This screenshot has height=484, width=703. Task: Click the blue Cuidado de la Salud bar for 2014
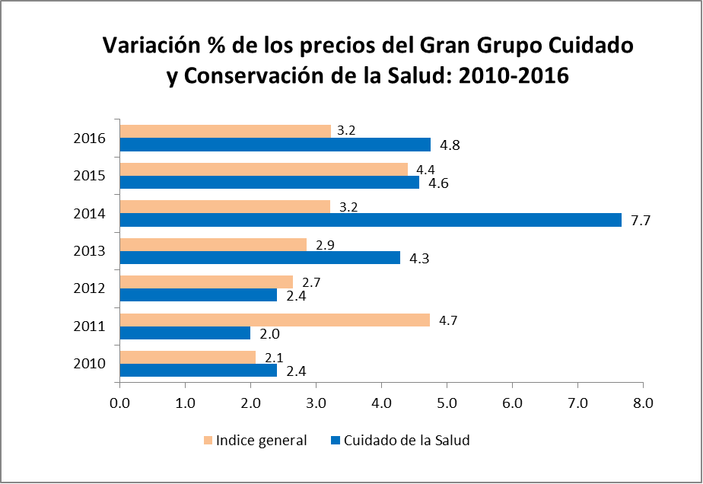click(371, 220)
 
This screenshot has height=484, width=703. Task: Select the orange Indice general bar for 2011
click(275, 320)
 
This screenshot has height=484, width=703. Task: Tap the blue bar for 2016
click(275, 145)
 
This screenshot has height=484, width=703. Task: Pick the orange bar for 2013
click(213, 244)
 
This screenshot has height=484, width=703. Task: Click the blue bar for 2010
click(198, 371)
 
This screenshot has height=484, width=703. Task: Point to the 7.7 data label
click(641, 221)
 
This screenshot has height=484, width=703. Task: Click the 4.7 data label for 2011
click(449, 320)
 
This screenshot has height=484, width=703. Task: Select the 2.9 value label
click(326, 245)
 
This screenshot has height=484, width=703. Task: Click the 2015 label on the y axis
click(90, 176)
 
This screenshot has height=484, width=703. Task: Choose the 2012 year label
click(90, 288)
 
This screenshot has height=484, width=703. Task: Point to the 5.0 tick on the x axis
click(447, 403)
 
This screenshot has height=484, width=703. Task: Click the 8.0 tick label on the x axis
click(644, 403)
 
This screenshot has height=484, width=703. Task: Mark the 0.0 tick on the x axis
click(120, 403)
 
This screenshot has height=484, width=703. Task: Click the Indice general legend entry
click(254, 441)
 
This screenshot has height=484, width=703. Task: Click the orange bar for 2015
click(263, 169)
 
